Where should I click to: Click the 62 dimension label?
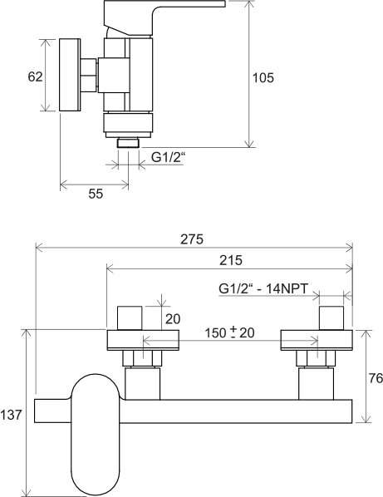click(35, 76)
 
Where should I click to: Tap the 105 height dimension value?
click(263, 78)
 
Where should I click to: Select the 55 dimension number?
click(96, 194)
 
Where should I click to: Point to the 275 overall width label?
click(192, 239)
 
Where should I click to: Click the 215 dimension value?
click(231, 260)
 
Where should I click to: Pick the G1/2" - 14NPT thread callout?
click(263, 288)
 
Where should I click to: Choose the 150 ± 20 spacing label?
click(229, 333)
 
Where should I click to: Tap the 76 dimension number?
click(376, 378)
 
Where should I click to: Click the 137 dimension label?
click(11, 415)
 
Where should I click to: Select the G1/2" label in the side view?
click(168, 158)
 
